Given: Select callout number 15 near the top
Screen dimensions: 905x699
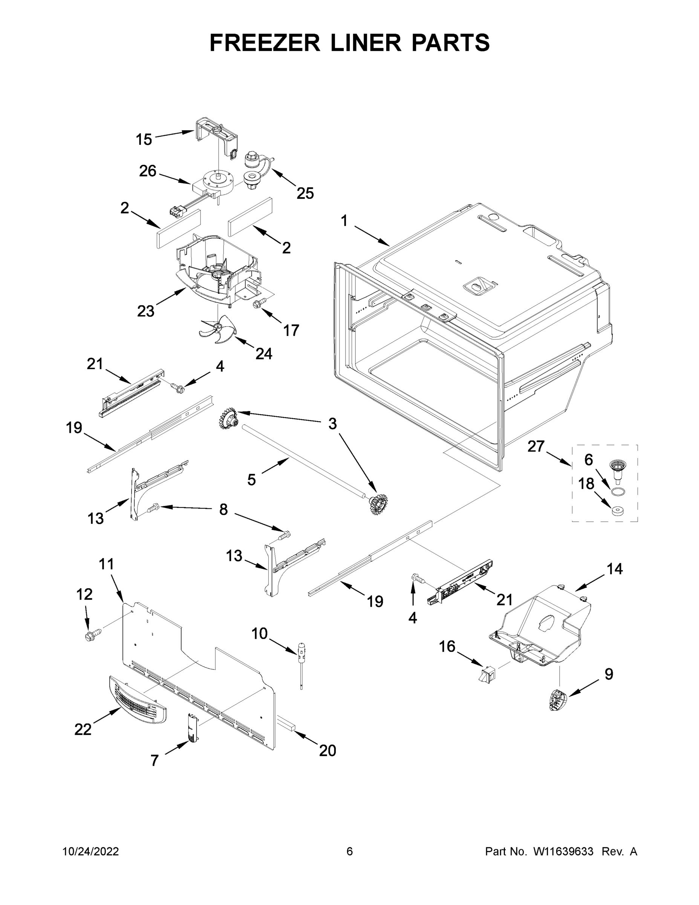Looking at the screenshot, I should (x=144, y=140).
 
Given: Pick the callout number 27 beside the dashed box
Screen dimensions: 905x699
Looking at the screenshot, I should (x=536, y=447).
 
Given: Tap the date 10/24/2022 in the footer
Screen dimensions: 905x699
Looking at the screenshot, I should (x=91, y=851).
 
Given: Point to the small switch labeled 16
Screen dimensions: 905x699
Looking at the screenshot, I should (x=486, y=675).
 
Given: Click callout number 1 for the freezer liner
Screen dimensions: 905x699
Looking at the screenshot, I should (x=344, y=221).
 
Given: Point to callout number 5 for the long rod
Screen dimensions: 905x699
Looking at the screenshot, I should (x=251, y=480).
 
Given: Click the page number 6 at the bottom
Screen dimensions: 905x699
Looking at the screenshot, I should (x=350, y=851).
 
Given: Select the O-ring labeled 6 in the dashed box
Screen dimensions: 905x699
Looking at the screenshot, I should (x=618, y=491).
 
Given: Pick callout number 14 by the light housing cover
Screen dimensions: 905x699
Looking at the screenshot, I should (x=615, y=569).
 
